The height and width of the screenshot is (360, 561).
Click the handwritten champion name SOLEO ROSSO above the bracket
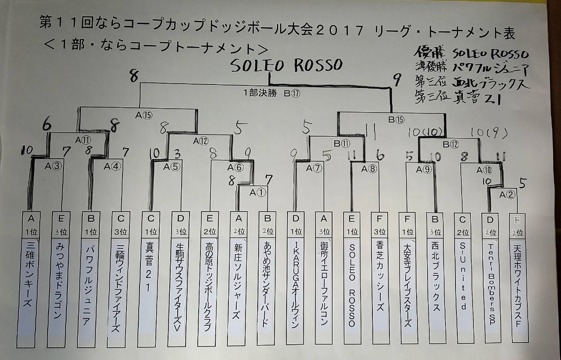(286, 66)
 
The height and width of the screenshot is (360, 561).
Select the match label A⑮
(144, 115)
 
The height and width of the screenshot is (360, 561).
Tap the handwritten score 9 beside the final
(397, 80)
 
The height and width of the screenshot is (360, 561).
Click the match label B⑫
(451, 144)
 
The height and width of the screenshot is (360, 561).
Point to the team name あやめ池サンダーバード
(266, 285)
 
